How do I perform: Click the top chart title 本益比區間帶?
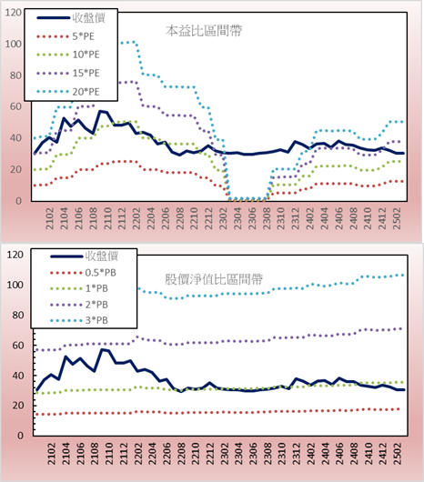204,31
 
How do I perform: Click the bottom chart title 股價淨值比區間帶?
214,279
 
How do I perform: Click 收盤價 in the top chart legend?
89,18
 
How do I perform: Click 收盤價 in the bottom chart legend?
102,256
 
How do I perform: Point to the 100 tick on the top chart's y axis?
14,44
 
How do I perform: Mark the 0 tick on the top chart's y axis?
18,201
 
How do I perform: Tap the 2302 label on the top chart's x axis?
223,218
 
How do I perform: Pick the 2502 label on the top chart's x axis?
397,218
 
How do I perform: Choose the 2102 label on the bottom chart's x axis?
51,454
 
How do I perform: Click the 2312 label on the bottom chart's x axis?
296,454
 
